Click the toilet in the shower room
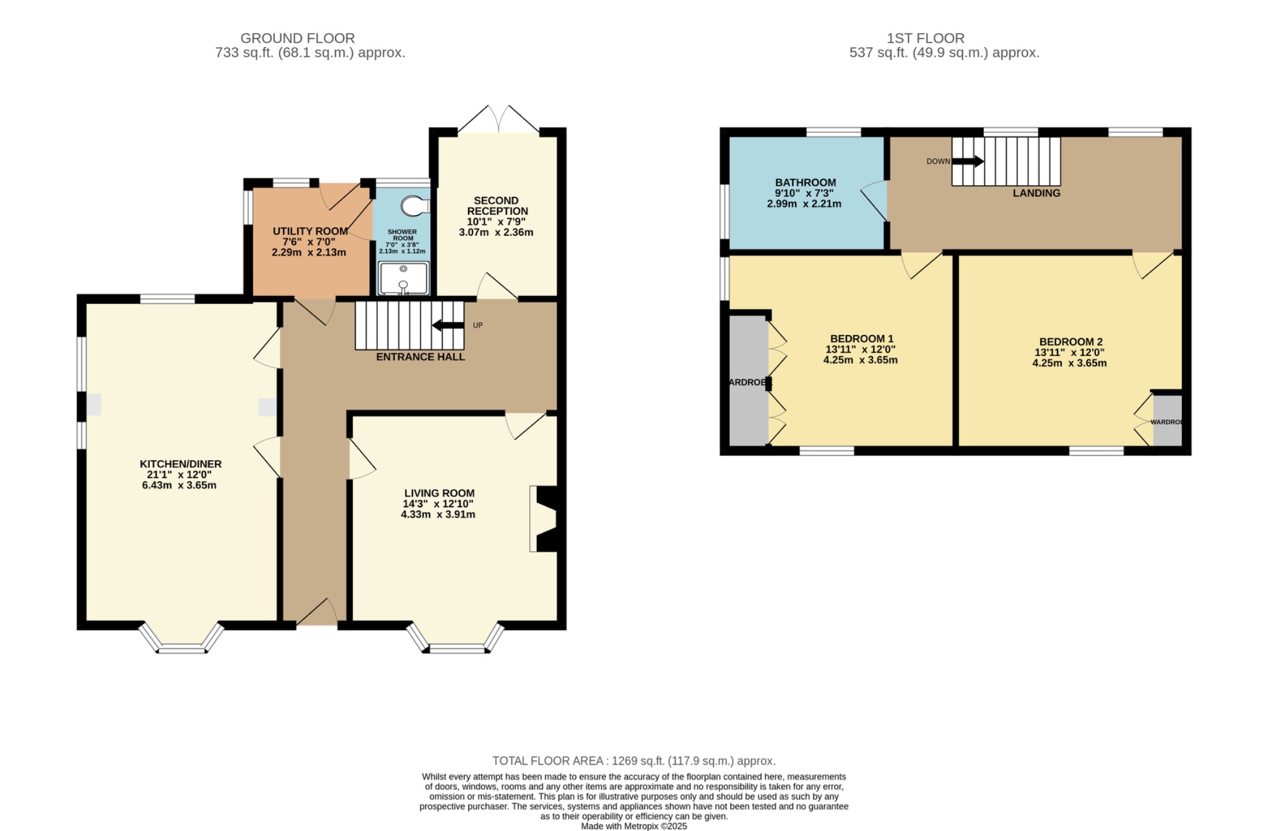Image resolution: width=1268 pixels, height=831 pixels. pos(414,205)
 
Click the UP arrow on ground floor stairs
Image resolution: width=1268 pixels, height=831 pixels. pos(448,326)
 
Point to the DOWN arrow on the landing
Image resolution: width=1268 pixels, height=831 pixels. pos(967,162)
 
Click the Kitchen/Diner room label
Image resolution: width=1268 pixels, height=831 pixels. pos(180,464)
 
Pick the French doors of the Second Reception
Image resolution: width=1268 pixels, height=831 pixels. pos(498,121)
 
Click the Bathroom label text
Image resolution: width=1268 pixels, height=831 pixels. pos(806,183)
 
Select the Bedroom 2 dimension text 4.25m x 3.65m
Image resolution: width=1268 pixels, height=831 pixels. pos(1069,363)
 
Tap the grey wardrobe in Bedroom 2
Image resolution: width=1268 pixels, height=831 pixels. pos(1167,421)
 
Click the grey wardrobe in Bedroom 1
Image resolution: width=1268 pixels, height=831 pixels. pos(748,381)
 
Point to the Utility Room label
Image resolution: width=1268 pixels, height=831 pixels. pos(310,232)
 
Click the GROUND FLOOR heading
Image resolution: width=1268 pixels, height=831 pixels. pos(297,38)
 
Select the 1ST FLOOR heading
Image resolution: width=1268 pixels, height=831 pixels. pos(926,38)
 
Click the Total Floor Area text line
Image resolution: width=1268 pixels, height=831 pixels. pos(633,761)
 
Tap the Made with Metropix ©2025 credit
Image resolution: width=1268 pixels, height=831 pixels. pos(633,826)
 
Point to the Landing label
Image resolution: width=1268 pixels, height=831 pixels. pos(1036,193)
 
